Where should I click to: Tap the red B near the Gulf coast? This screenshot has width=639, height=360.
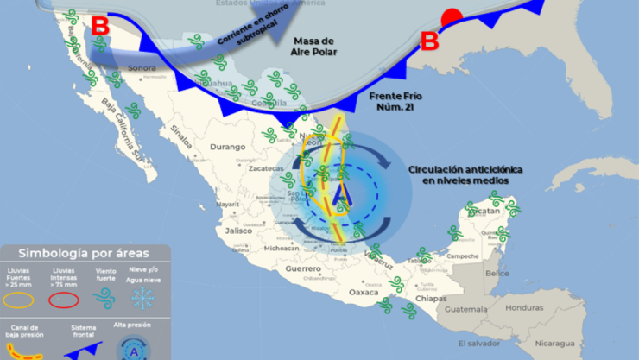pos(429,41)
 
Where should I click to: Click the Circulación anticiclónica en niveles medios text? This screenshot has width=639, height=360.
pos(459,175)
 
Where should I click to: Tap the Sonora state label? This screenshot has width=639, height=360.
pos(142,67)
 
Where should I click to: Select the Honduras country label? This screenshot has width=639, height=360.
pos(524,307)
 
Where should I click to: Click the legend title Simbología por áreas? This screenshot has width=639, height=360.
pos(84,253)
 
